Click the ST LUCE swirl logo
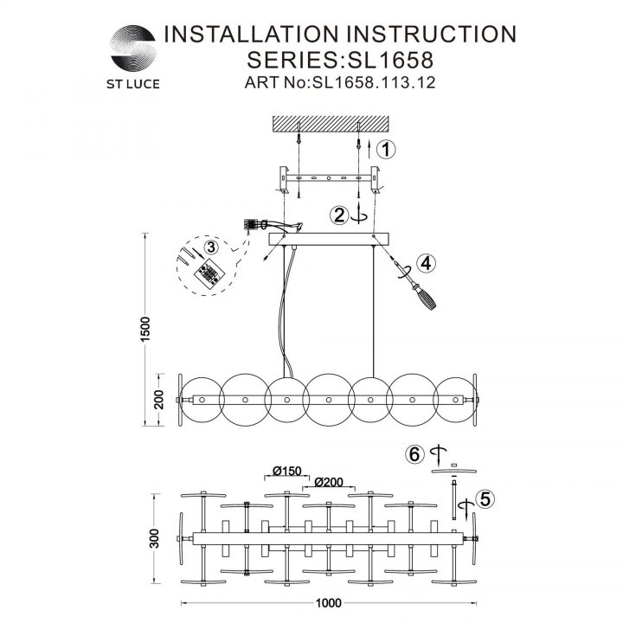coord(133,48)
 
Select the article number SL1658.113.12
coord(375,82)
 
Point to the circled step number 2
coord(339,215)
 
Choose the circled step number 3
coord(210,247)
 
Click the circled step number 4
coord(426,263)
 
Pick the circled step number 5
coord(485,498)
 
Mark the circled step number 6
coord(414,453)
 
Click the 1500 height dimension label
coord(146,329)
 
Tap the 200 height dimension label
coord(158,400)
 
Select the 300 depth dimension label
coord(154,538)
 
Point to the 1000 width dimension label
coord(328,603)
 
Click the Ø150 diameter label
coord(287,471)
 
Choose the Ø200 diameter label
coord(329,482)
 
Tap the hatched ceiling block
coord(331,124)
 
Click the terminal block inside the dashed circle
coord(209,273)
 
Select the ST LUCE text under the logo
coord(133,84)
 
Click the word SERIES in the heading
coord(292,60)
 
